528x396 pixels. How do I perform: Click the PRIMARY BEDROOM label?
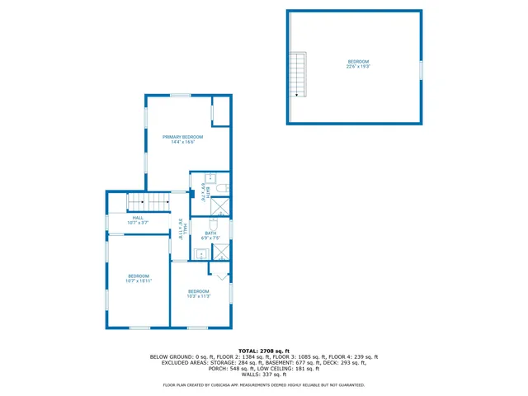[x=182, y=136]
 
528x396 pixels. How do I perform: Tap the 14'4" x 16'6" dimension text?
[x=182, y=142]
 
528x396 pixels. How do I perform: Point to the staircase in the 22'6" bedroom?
[x=299, y=74]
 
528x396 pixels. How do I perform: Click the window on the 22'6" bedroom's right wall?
[x=421, y=69]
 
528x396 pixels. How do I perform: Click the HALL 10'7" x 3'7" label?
[x=138, y=219]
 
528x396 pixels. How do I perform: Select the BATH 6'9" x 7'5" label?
[x=211, y=235]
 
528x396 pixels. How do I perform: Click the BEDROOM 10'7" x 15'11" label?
[x=139, y=278]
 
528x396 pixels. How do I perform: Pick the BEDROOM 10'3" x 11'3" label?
[x=199, y=293]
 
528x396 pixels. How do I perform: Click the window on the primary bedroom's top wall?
[x=181, y=95]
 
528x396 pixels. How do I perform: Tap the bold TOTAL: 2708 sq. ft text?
[x=264, y=351]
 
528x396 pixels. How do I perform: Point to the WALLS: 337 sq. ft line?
[x=264, y=374]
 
